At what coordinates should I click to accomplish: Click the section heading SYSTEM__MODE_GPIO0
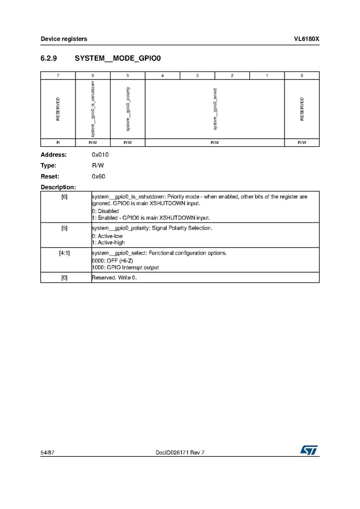pyautogui.click(x=118, y=58)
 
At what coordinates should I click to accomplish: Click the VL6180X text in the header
pyautogui.click(x=306, y=39)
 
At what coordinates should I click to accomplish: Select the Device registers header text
pyautogui.click(x=63, y=39)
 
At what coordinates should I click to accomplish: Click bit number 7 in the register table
pyautogui.click(x=58, y=75)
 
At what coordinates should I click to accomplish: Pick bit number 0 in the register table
pyautogui.click(x=302, y=75)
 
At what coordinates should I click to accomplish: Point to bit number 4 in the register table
pyautogui.click(x=163, y=75)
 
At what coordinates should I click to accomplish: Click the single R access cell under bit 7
pyautogui.click(x=58, y=142)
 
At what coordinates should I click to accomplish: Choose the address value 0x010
pyautogui.click(x=100, y=155)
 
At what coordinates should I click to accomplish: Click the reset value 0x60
pyautogui.click(x=99, y=176)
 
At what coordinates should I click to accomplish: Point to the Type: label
pyautogui.click(x=49, y=166)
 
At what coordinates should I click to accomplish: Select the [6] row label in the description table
pyautogui.click(x=65, y=197)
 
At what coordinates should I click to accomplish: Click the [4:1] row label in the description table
pyautogui.click(x=65, y=253)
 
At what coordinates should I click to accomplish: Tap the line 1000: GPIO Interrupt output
pyautogui.click(x=125, y=267)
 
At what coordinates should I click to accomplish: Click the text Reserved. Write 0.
pyautogui.click(x=115, y=278)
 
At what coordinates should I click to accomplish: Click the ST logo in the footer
pyautogui.click(x=310, y=449)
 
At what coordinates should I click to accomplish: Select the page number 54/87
pyautogui.click(x=47, y=452)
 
